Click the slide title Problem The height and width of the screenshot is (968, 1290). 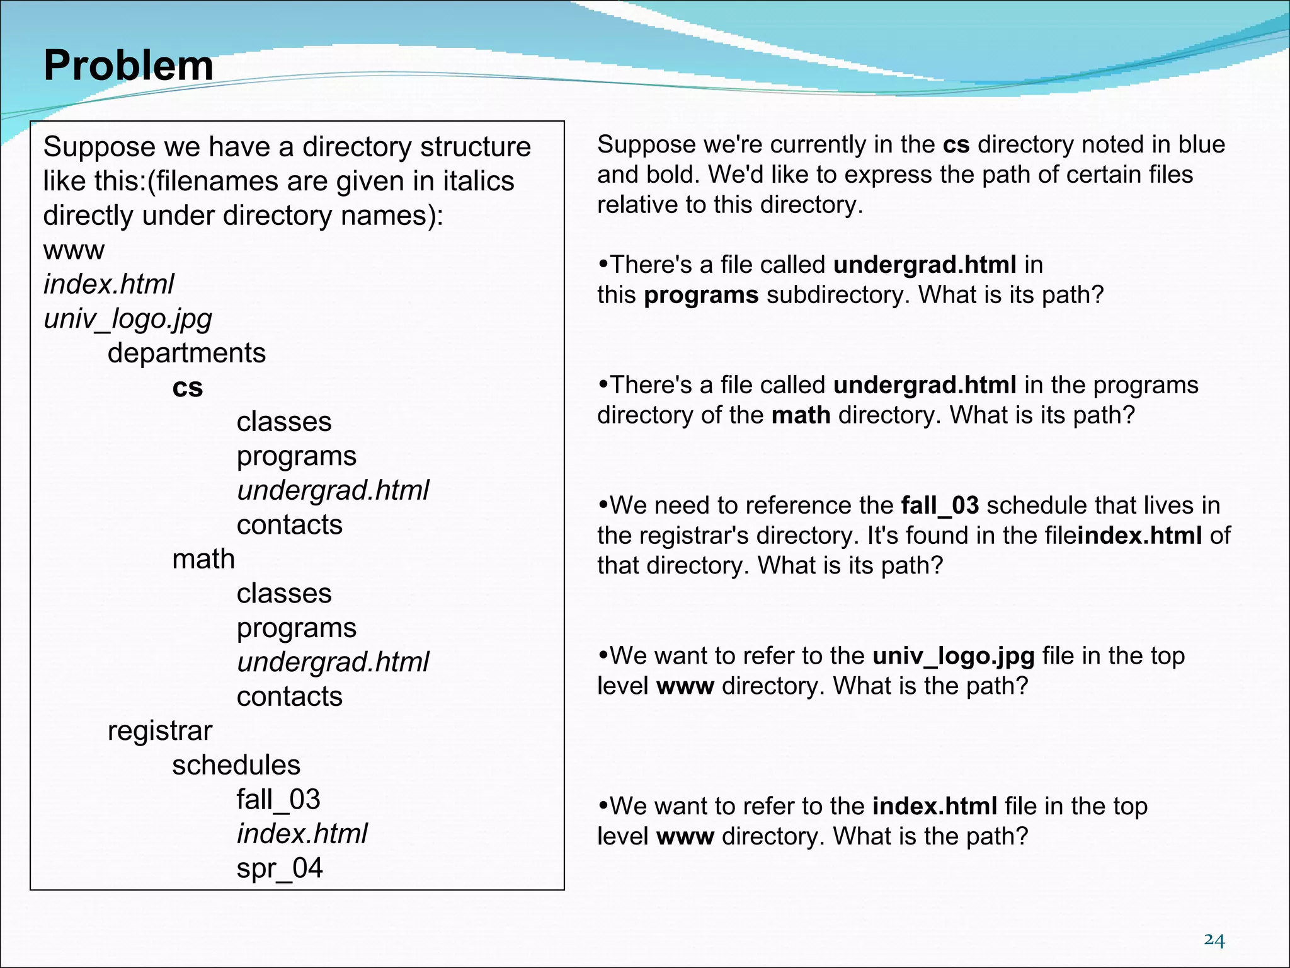[128, 66]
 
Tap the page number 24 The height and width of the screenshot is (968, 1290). [1214, 940]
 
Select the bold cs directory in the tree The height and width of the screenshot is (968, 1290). [187, 388]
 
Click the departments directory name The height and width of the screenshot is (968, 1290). [186, 353]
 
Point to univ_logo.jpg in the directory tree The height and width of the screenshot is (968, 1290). [128, 319]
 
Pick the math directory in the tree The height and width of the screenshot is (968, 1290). [203, 559]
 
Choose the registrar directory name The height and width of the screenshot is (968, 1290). [160, 731]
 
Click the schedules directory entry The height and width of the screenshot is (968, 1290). [236, 765]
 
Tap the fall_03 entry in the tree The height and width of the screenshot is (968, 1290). [278, 800]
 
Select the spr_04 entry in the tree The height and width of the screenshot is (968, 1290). [280, 868]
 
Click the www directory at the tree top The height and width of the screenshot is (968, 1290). [74, 250]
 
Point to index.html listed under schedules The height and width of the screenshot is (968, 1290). [302, 834]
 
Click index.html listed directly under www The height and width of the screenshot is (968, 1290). [108, 284]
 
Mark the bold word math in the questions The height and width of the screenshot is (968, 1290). [801, 415]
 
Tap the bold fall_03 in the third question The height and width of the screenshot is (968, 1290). [940, 505]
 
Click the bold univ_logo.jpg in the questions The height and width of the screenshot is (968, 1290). [953, 656]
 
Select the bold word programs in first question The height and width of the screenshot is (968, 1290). [700, 295]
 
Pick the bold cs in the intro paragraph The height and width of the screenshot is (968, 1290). [956, 145]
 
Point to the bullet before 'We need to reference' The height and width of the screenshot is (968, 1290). [603, 505]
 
